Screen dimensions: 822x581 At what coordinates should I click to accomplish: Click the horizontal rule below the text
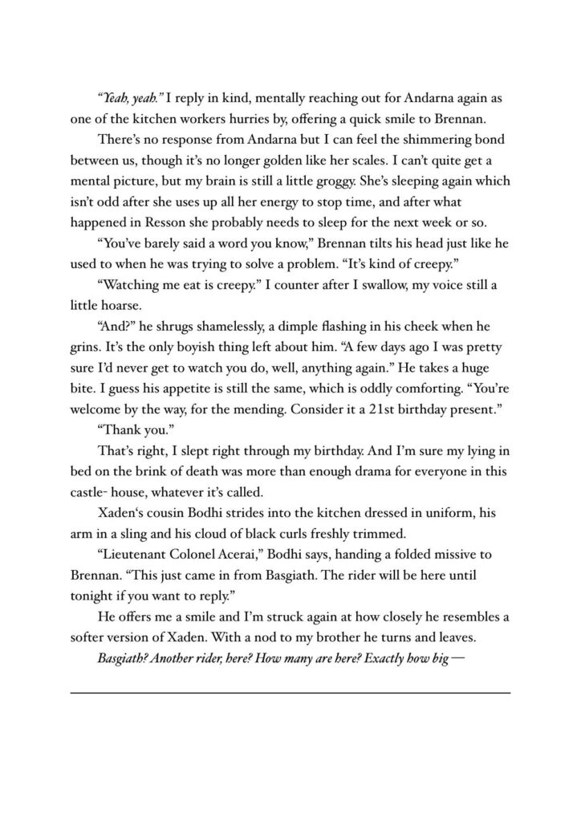(290, 692)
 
